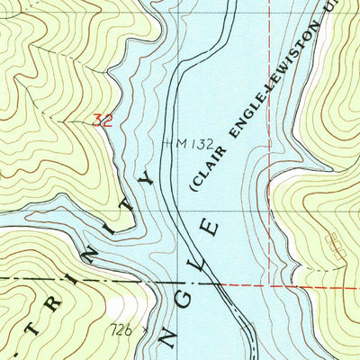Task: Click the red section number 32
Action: [103, 120]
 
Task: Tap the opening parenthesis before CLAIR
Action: [192, 189]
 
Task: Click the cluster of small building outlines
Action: [336, 242]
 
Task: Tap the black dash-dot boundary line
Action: [72, 282]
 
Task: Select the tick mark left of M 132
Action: [168, 141]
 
